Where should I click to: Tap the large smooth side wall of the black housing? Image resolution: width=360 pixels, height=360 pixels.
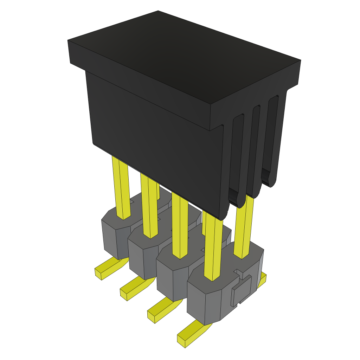coord(155,141)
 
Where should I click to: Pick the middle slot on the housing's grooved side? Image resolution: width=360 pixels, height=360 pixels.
coord(254,148)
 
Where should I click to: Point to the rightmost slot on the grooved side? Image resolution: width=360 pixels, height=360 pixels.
coord(271,137)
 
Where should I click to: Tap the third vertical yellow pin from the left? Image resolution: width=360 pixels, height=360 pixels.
coord(180,225)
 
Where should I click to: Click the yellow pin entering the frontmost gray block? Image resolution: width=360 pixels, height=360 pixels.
coord(213,246)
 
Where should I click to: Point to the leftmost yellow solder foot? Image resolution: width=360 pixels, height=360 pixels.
coord(105,269)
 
